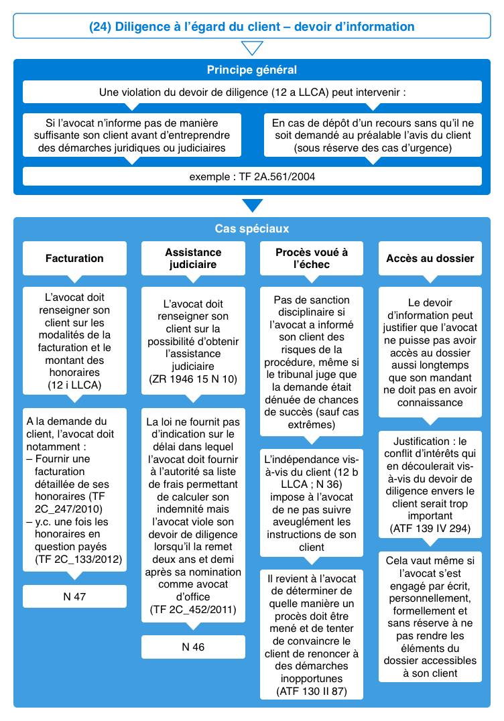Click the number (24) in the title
pos(101,27)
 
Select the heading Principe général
pos(251,70)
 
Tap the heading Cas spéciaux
pos(251,228)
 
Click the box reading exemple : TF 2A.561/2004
pos(251,177)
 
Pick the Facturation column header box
pos(74,258)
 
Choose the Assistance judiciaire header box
pos(193,258)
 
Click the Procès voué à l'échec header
pos(312,258)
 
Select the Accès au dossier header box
pos(430,258)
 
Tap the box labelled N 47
pos(74,596)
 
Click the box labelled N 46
pos(193,647)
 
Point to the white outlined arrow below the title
pos(251,48)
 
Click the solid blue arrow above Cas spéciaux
pos(251,205)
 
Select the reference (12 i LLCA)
pos(74,385)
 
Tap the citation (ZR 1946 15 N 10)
pos(193,379)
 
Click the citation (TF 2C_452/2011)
pos(193,610)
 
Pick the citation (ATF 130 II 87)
pos(312,692)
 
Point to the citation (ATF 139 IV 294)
pos(430,529)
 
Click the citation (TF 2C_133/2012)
pos(74,559)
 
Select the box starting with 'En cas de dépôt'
pos(372,135)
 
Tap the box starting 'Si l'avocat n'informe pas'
pos(131,135)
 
